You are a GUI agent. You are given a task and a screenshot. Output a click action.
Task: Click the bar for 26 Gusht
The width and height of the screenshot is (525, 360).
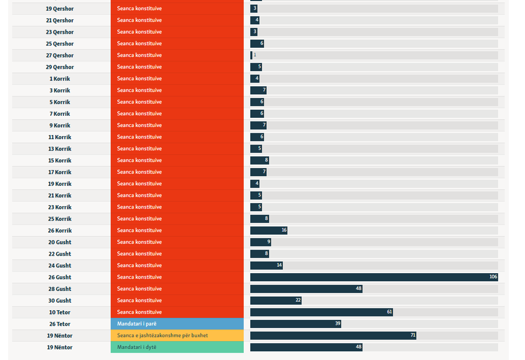tap(373, 277)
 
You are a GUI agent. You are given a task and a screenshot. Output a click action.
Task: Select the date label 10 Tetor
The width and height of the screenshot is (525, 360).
tap(59, 312)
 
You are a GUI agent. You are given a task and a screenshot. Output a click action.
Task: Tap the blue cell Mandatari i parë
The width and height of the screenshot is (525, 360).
tap(177, 324)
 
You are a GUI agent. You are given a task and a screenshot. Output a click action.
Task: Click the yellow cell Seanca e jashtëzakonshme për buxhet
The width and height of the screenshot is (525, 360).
tap(177, 335)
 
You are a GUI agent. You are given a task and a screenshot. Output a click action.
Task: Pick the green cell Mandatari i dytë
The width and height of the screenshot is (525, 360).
tap(177, 347)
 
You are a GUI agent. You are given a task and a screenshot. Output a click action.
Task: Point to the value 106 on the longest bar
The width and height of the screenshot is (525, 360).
tap(493, 277)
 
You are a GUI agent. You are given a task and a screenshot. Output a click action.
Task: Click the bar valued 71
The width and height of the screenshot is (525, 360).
tap(333, 335)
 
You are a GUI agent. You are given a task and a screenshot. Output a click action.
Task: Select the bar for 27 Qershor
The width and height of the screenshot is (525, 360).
tap(251, 55)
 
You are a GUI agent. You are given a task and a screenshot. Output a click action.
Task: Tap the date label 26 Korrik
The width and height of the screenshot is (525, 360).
tap(59, 230)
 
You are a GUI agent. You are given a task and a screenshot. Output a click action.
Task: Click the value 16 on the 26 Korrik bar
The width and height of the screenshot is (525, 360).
tap(284, 230)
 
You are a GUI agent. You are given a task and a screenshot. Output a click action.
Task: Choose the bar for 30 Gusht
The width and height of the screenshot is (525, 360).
tap(275, 301)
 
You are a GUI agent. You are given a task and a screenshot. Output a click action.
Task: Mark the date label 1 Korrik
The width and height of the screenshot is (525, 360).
tap(59, 79)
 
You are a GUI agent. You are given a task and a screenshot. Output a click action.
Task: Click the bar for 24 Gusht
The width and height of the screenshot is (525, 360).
tap(266, 265)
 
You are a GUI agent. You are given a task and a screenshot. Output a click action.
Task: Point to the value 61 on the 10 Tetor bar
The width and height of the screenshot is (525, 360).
tap(389, 312)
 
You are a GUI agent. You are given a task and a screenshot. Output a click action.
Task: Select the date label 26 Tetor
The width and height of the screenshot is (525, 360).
tap(59, 324)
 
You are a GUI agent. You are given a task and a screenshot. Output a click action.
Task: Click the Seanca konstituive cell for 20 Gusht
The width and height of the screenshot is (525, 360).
tap(177, 242)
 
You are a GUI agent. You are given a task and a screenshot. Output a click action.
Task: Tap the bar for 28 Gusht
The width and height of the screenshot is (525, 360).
tap(306, 289)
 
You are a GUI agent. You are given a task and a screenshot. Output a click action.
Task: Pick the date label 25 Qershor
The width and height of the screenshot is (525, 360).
tap(59, 44)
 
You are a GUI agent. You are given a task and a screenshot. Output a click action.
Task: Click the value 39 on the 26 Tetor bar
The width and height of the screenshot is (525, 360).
tap(337, 324)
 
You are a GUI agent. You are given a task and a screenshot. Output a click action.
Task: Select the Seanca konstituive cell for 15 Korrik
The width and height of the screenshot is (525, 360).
tap(177, 160)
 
